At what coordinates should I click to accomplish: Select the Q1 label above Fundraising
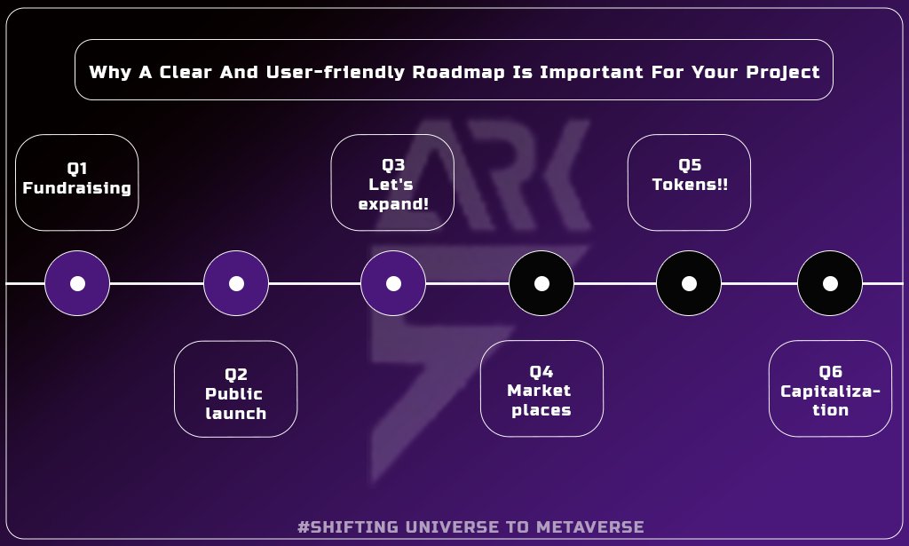tap(77, 169)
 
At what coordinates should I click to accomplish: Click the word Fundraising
tap(77, 188)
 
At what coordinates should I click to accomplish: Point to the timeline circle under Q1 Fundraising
tap(77, 283)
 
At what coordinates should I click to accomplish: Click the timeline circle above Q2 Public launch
tap(236, 283)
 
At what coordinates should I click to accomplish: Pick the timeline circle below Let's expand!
tap(393, 283)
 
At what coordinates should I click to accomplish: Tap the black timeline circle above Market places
tap(541, 283)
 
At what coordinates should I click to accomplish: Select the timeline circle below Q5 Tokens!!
tap(689, 283)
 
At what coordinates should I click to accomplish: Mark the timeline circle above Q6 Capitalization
tap(830, 283)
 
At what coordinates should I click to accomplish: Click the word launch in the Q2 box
tap(236, 414)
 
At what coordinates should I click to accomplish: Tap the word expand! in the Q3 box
tap(393, 204)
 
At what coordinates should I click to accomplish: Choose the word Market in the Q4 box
tap(540, 391)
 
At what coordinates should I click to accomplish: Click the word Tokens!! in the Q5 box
tap(690, 185)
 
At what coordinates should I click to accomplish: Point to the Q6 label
tap(830, 372)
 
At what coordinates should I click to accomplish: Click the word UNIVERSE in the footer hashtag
tap(447, 526)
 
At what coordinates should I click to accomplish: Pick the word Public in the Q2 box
tap(234, 394)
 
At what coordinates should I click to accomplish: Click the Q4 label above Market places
tap(541, 371)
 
